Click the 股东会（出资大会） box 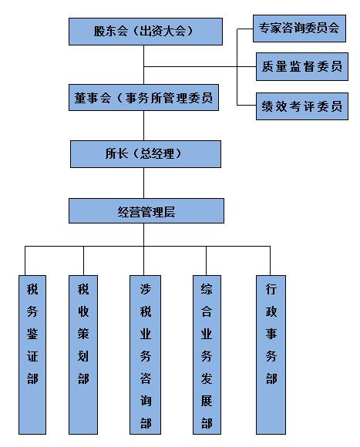pos(146,32)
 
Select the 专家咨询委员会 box pos(299,29)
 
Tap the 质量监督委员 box pos(302,66)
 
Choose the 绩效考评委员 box pos(302,106)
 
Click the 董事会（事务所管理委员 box pos(143,98)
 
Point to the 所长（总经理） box pos(146,154)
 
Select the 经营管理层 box pos(146,211)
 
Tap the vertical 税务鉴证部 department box pos(32,355)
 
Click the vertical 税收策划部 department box pos(83,355)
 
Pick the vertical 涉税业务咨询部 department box pos(145,355)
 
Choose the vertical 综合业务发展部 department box pos(207,355)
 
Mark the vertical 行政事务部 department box pos(271,355)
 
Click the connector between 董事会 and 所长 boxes pos(143,126)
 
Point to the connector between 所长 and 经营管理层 pos(143,183)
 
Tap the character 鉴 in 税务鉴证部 pos(32,333)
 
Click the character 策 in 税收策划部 pos(83,333)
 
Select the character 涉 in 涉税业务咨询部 pos(146,289)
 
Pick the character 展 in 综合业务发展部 pos(207,401)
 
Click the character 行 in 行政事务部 pos(271,289)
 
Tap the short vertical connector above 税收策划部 pos(83,260)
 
